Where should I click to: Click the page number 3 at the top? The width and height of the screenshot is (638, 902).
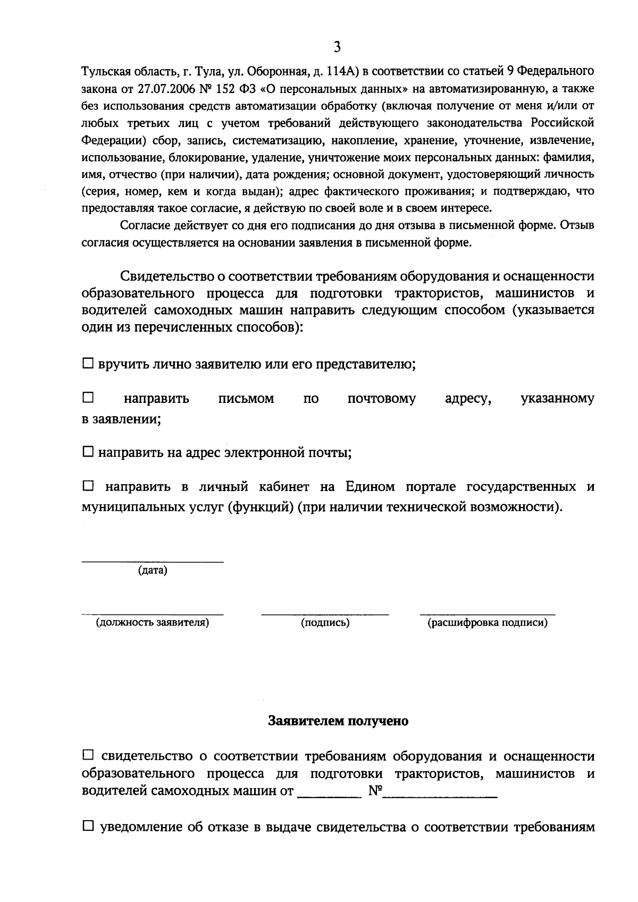337,47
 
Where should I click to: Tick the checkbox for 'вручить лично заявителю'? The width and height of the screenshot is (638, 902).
88,364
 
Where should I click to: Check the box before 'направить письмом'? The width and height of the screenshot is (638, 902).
88,398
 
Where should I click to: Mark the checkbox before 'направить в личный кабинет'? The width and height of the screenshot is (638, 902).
88,486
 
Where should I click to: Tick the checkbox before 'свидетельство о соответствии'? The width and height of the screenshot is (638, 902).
88,755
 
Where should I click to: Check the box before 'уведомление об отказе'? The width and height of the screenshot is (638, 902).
88,827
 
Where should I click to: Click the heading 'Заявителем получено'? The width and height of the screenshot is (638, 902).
338,721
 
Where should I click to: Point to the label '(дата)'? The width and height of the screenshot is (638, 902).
152,571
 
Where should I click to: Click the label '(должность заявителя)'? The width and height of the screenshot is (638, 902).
152,623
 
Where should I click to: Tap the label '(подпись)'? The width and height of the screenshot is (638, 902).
325,623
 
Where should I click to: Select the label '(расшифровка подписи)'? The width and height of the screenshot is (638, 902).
488,623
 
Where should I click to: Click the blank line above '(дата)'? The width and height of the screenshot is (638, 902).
152,561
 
